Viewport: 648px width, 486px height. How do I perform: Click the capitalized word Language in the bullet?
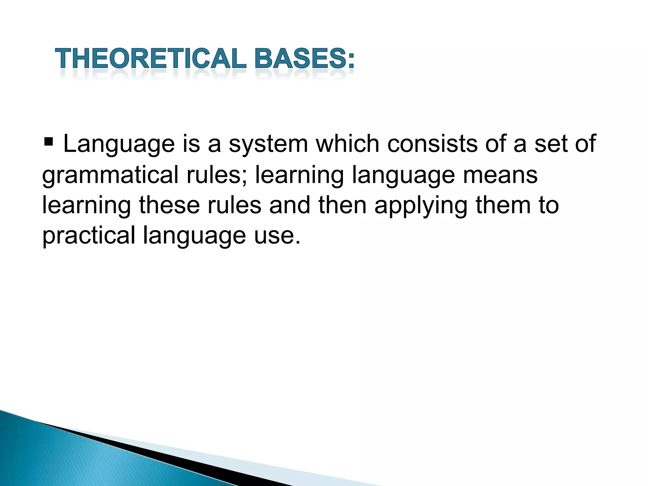(119, 144)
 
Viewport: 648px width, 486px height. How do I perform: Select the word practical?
(89, 236)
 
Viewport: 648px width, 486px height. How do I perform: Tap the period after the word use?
(297, 242)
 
